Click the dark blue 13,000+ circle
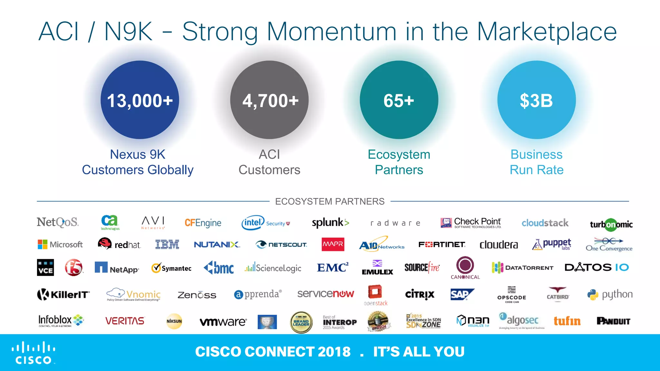coord(140,100)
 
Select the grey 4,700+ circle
coord(269,100)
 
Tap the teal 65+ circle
coord(399,100)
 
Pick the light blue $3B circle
coord(537,100)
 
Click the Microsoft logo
coord(60,244)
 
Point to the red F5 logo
coord(73,267)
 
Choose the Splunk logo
coord(330,223)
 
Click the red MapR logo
coord(333,244)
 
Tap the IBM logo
coord(167,244)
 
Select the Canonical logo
coord(465,268)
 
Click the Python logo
coord(610,294)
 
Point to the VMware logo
coord(223,321)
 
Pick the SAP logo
coord(461,294)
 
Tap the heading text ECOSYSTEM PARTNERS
coord(330,201)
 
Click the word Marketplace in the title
coord(547,32)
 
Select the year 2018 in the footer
coord(334,352)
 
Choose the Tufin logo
coord(567,321)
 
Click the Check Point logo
coord(471,223)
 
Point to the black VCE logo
coord(45,267)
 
